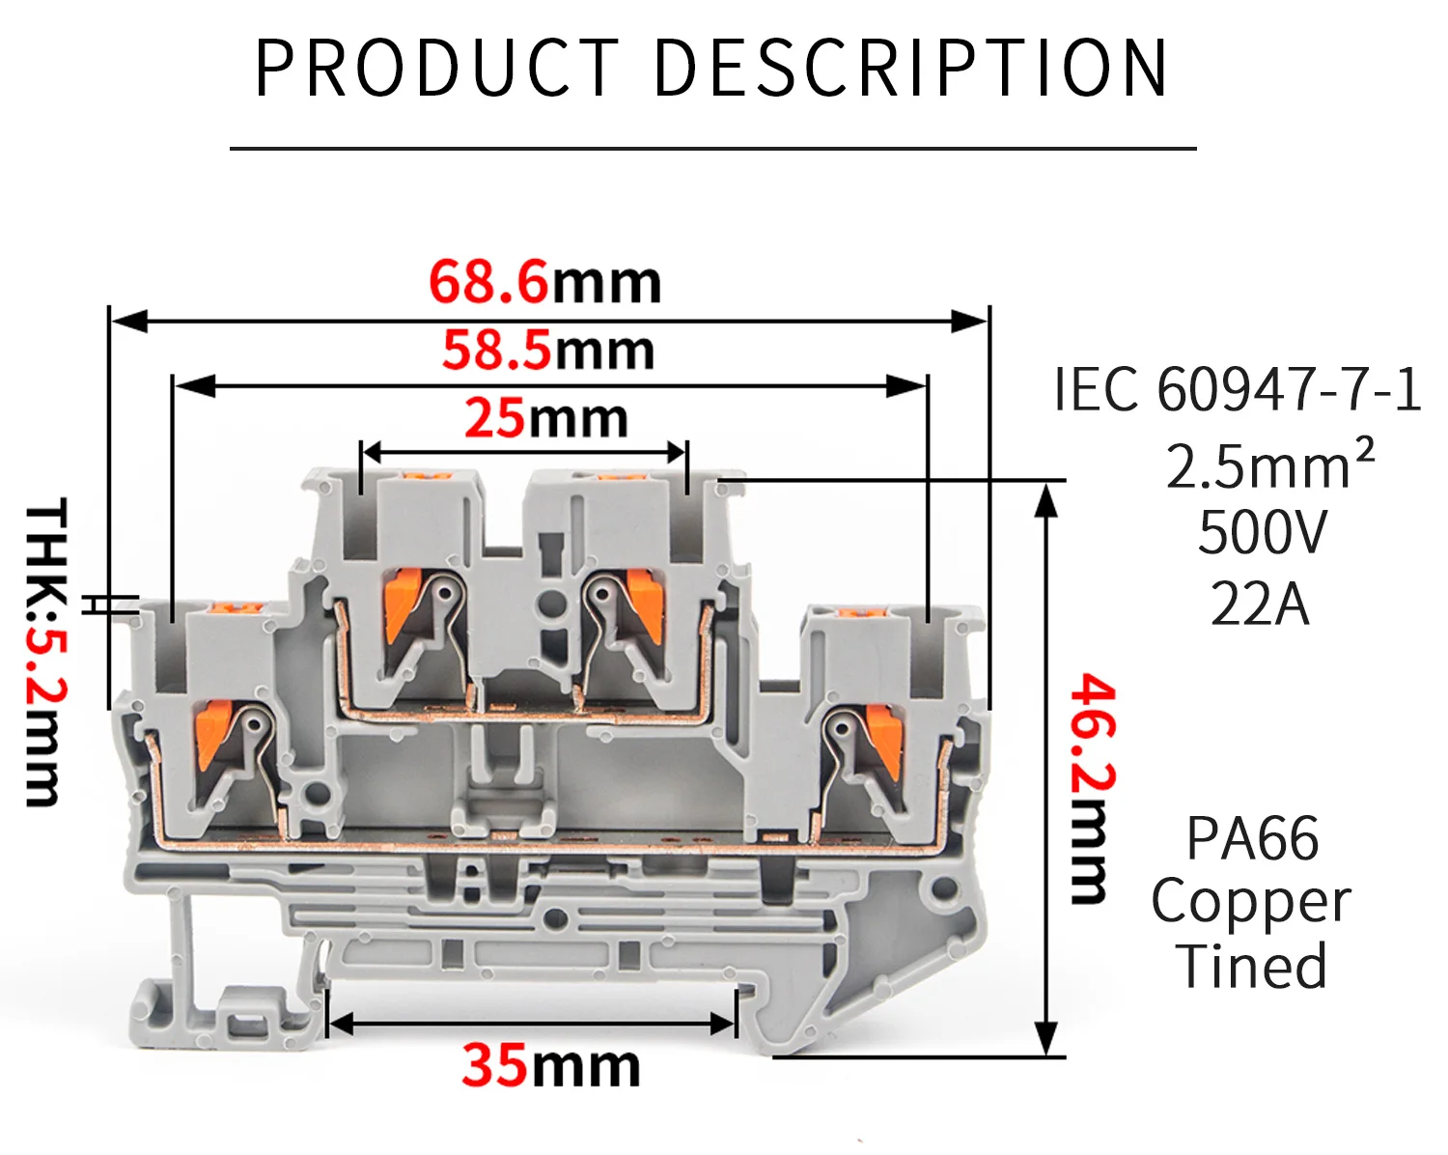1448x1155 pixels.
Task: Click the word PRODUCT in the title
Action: (436, 69)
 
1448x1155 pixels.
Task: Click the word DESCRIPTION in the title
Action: (911, 69)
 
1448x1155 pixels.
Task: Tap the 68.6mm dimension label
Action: (544, 283)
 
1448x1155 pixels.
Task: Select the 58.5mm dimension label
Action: (548, 351)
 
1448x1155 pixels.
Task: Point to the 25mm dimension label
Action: (546, 419)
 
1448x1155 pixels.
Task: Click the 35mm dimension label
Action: (550, 1065)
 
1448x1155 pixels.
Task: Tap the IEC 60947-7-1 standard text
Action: (1238, 390)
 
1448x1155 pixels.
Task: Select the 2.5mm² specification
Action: (1269, 465)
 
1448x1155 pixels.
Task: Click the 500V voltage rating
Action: (1263, 533)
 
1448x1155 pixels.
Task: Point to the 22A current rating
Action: (1260, 605)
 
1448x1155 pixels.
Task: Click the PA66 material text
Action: (1252, 838)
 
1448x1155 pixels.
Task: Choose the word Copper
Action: (1251, 904)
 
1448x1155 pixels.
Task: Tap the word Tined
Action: (1251, 967)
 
